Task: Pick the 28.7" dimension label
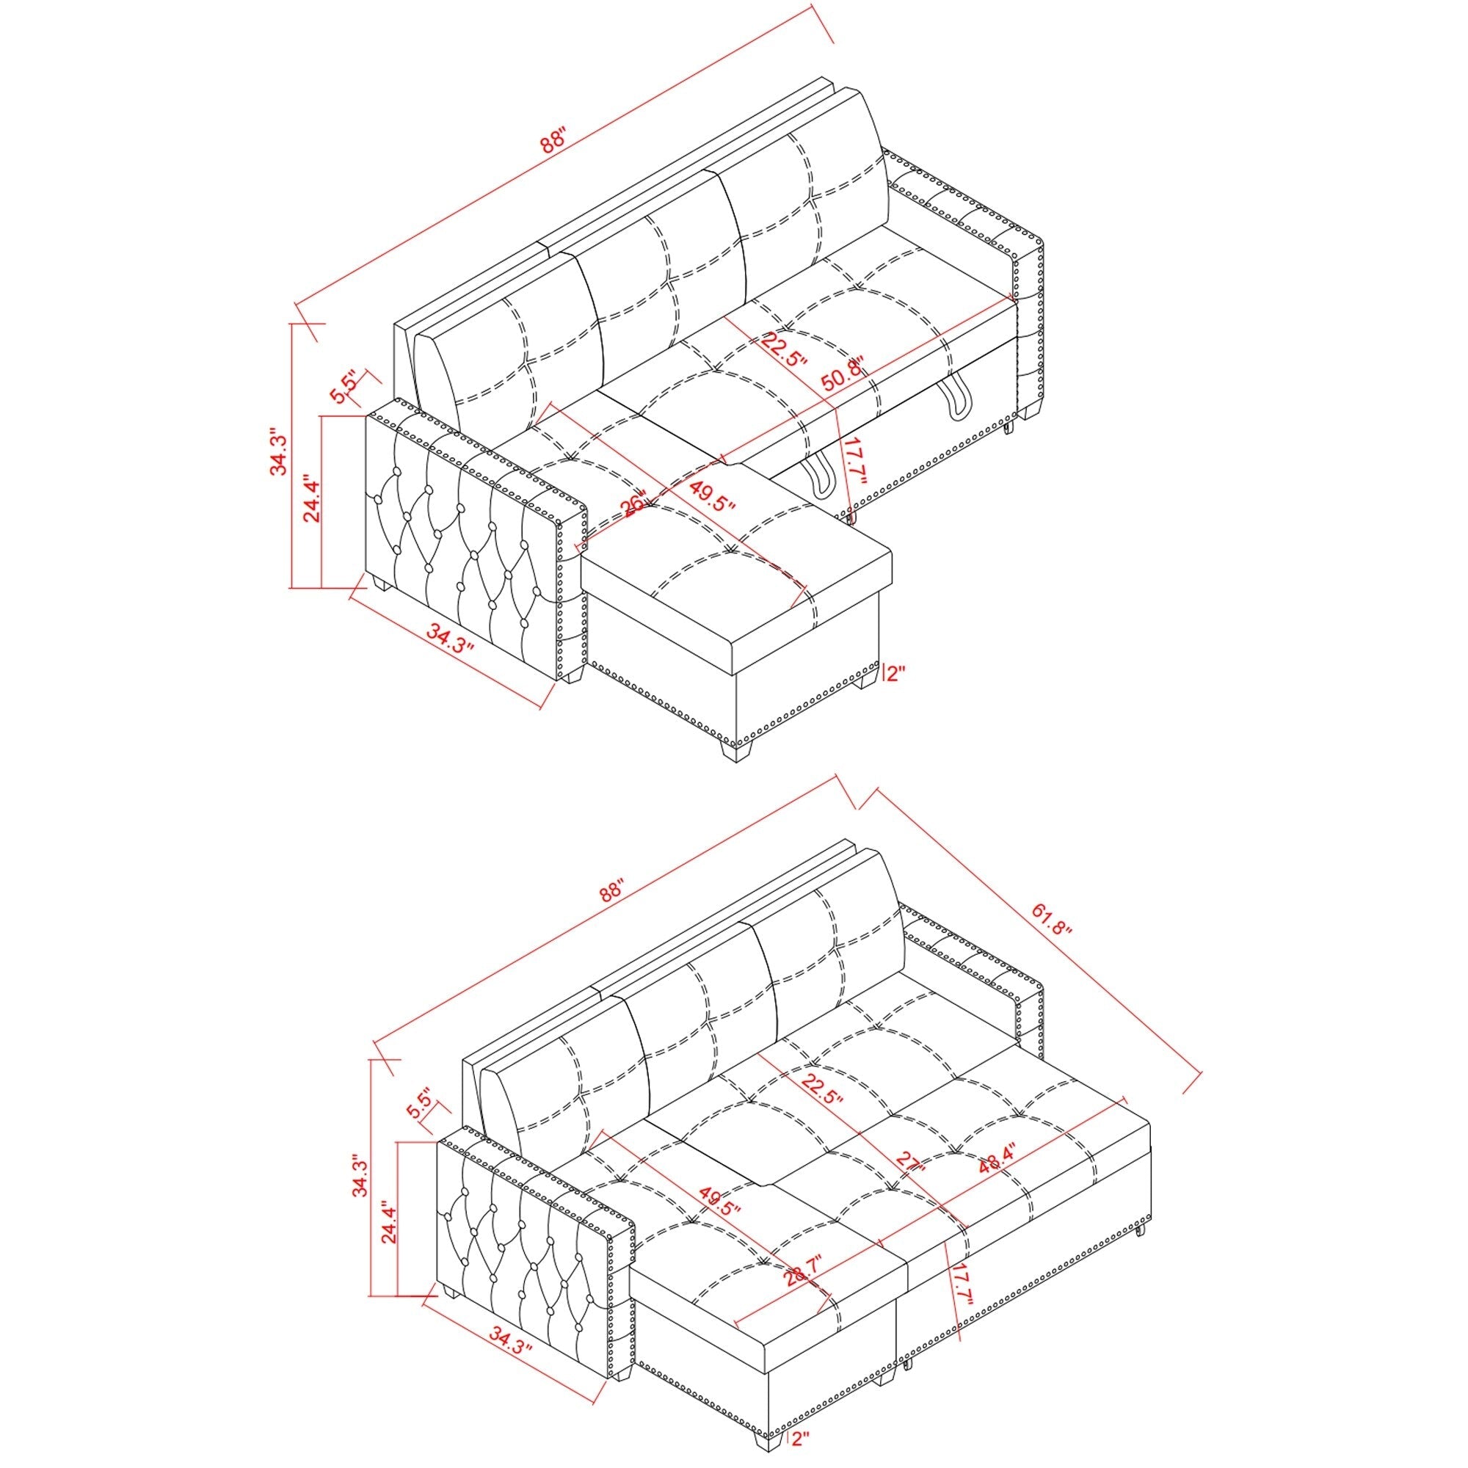(795, 1268)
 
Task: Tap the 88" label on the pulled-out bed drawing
(611, 892)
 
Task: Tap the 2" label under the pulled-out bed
(799, 1438)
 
